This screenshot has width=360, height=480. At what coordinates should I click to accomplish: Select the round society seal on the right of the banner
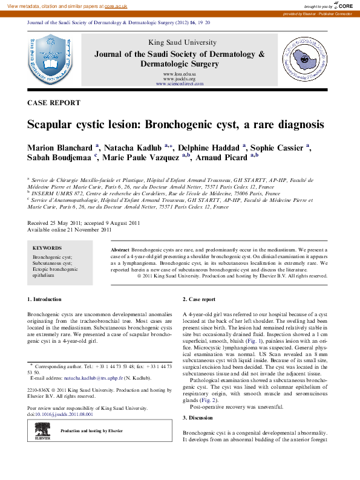[x=306, y=59]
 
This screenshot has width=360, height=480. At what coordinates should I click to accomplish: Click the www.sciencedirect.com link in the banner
[x=179, y=83]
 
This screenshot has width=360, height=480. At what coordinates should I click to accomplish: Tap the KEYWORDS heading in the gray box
[x=47, y=248]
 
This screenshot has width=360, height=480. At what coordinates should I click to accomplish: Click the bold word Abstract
[x=120, y=250]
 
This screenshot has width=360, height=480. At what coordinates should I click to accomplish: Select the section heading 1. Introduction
[x=45, y=299]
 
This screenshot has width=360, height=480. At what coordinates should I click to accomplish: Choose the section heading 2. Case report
[x=199, y=299]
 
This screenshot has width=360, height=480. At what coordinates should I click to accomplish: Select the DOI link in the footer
[x=63, y=415]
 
